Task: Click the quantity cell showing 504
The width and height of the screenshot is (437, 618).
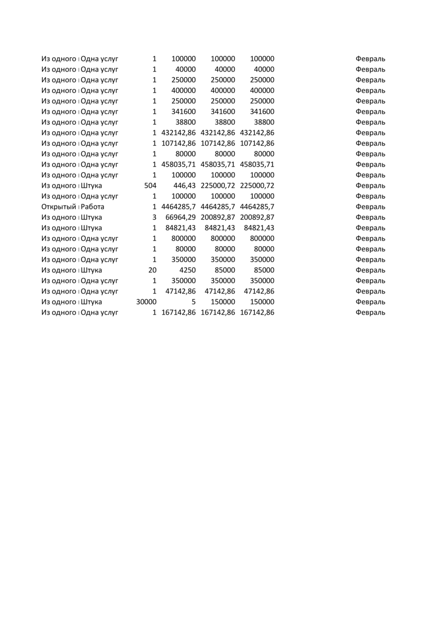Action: click(x=151, y=185)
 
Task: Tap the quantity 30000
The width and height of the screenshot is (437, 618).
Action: click(x=146, y=302)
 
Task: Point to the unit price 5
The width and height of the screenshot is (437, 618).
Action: click(x=193, y=302)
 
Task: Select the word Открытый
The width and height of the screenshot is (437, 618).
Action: click(x=59, y=207)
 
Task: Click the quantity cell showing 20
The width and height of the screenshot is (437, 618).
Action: click(x=152, y=270)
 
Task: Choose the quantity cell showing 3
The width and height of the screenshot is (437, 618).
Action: click(x=154, y=217)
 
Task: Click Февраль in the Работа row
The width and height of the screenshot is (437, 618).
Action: click(x=370, y=207)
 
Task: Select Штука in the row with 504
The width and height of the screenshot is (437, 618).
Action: click(x=92, y=185)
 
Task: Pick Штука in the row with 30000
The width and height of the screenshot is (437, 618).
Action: click(x=92, y=302)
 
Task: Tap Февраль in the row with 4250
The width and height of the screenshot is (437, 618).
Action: click(x=370, y=270)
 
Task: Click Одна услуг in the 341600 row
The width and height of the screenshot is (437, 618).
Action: click(x=100, y=111)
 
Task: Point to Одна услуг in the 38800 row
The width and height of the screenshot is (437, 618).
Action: click(x=100, y=122)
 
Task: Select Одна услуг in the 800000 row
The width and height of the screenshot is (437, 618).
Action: click(x=100, y=238)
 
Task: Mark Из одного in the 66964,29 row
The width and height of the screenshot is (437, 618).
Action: click(x=59, y=217)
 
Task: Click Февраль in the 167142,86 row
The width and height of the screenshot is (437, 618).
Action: click(x=370, y=312)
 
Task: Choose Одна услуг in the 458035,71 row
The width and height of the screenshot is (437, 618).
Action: click(x=100, y=164)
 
